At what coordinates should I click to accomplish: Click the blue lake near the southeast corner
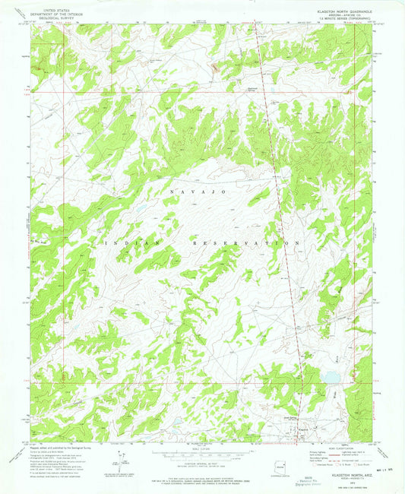click(332, 376)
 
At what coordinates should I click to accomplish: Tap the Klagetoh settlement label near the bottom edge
click(302, 426)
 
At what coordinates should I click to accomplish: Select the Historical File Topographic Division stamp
click(310, 480)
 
